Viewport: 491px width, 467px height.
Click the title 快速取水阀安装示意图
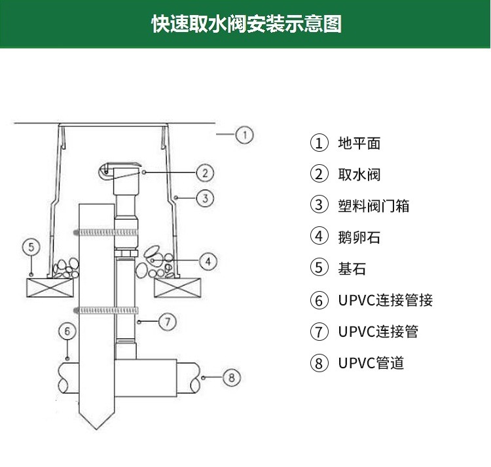point(245,24)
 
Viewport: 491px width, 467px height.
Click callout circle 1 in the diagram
point(244,135)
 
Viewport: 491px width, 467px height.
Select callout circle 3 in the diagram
point(205,198)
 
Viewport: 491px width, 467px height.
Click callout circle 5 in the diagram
point(31,247)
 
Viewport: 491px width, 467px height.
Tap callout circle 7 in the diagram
point(168,321)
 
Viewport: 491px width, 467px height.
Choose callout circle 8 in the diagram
point(232,377)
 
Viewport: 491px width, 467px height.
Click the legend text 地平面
point(359,143)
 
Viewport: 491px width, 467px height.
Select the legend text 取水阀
point(359,174)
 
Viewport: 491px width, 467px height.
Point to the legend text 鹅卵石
point(359,237)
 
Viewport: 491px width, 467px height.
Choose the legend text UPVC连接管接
point(385,300)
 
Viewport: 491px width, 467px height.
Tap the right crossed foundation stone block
point(176,287)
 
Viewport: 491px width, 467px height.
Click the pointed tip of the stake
point(97,426)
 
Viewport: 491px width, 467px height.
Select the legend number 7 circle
point(319,332)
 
